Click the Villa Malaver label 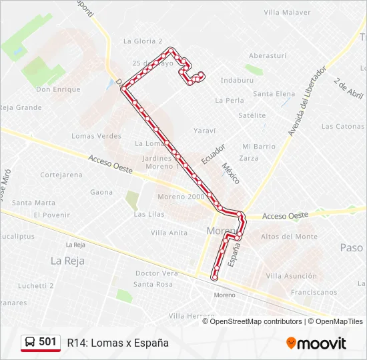pyautogui.click(x=287, y=12)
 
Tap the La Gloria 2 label pyautogui.click(x=143, y=41)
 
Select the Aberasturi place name pyautogui.click(x=267, y=56)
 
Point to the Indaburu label pyautogui.click(x=237, y=80)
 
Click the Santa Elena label pyautogui.click(x=274, y=94)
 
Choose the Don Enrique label pyautogui.click(x=58, y=89)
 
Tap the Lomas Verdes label pyautogui.click(x=96, y=136)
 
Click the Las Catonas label pyautogui.click(x=342, y=126)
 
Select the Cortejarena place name pyautogui.click(x=61, y=175)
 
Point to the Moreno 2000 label pyautogui.click(x=181, y=197)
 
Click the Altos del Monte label pyautogui.click(x=289, y=237)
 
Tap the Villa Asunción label pyautogui.click(x=291, y=275)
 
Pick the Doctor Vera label pyautogui.click(x=156, y=273)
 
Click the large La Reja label pyautogui.click(x=67, y=261)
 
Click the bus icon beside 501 pyautogui.click(x=30, y=342)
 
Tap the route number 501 pyautogui.click(x=48, y=342)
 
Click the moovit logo pyautogui.click(x=316, y=343)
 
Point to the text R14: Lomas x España pyautogui.click(x=117, y=343)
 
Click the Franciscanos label pyautogui.click(x=314, y=292)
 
